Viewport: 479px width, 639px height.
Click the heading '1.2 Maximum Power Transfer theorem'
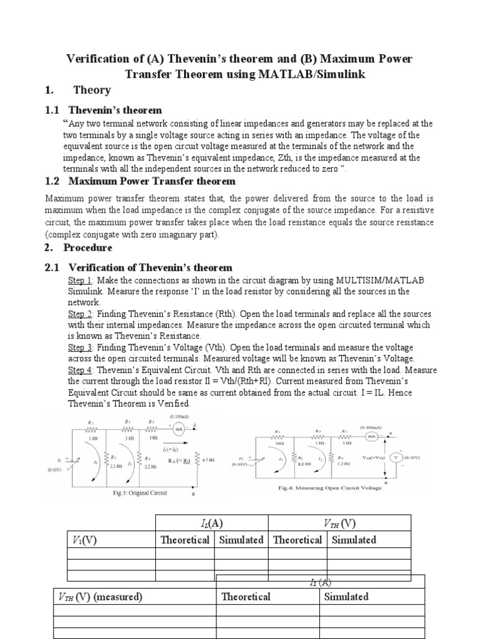pyautogui.click(x=140, y=181)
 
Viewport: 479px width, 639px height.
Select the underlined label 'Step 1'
pyautogui.click(x=80, y=281)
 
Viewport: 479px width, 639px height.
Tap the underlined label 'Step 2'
pyautogui.click(x=80, y=313)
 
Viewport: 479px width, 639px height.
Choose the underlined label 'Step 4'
pyautogui.click(x=80, y=369)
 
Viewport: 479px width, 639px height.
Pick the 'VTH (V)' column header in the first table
pyautogui.click(x=339, y=523)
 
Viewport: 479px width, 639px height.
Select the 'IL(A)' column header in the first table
pyautogui.click(x=211, y=523)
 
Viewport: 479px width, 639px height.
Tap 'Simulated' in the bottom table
pyautogui.click(x=346, y=597)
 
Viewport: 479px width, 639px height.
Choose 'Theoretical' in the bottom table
pyautogui.click(x=246, y=597)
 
